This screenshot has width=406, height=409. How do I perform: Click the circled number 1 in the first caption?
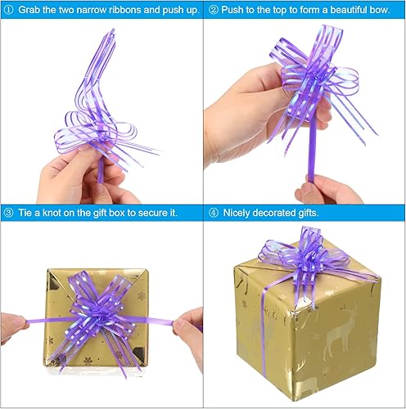[x=7, y=10]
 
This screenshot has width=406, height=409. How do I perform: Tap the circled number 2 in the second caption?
[x=214, y=10]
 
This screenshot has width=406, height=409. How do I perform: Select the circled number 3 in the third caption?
[x=7, y=213]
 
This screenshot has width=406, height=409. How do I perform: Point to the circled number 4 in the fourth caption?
[x=214, y=213]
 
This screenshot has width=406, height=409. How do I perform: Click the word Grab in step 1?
[x=28, y=10]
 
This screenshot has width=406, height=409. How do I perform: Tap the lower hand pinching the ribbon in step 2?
[x=327, y=190]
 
